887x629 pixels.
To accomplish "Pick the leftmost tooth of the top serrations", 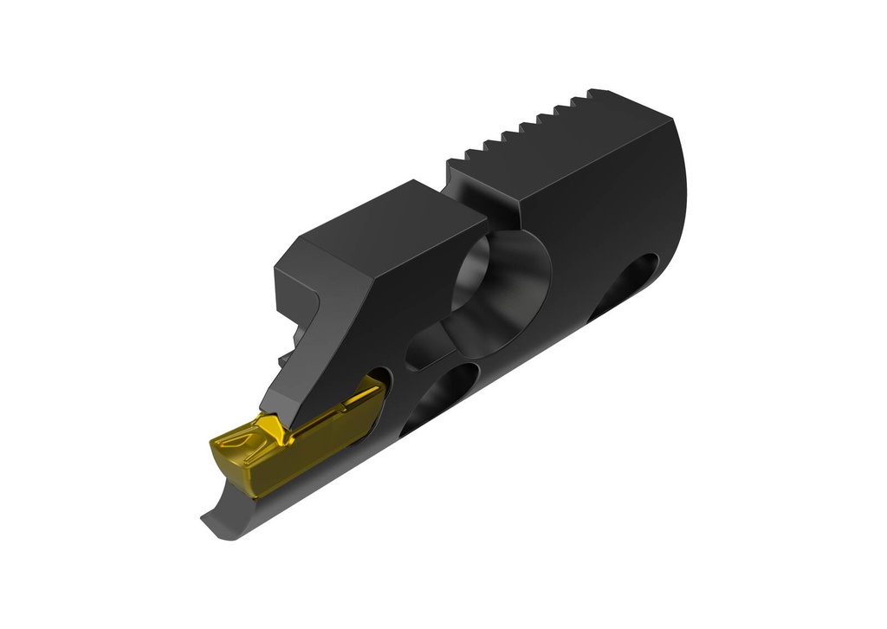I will coord(456,162).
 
